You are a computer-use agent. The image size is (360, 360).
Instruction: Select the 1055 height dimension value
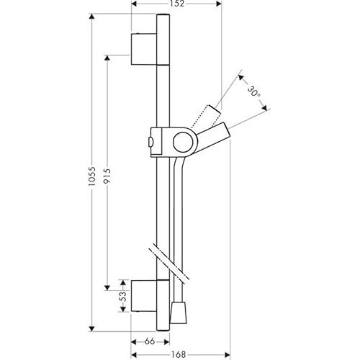click(x=92, y=176)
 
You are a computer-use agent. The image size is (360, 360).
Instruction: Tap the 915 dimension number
click(x=107, y=176)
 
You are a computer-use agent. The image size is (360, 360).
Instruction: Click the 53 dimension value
click(x=123, y=297)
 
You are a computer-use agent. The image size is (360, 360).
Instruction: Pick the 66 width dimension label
click(x=150, y=341)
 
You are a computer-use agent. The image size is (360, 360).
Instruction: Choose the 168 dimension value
click(x=179, y=354)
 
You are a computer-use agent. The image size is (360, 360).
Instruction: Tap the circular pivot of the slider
click(x=184, y=143)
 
